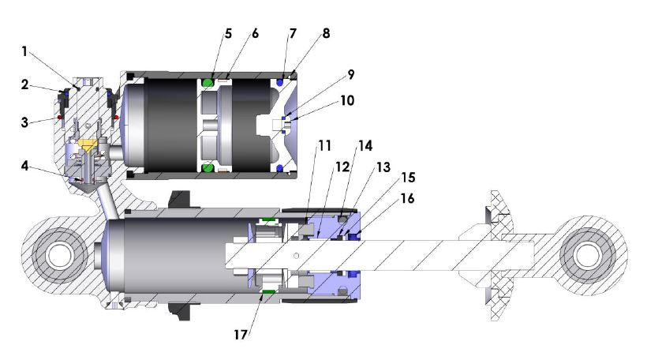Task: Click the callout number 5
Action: pos(228,35)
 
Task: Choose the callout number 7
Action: pos(293,35)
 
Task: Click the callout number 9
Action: pos(350,75)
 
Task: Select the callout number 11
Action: pos(324,147)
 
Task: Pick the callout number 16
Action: pos(406,200)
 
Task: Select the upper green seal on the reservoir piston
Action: pos(208,82)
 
